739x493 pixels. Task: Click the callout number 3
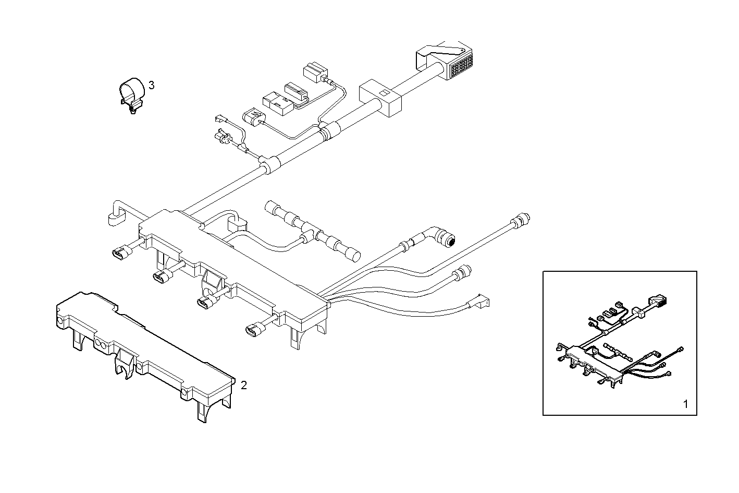click(151, 85)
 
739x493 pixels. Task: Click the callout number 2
click(243, 386)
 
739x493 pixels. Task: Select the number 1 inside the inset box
click(685, 403)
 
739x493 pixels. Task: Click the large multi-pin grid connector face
click(461, 67)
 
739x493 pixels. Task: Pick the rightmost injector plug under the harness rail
click(254, 329)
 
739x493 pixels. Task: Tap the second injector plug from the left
click(161, 278)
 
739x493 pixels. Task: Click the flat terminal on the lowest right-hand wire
click(480, 301)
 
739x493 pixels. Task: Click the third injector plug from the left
click(207, 302)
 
